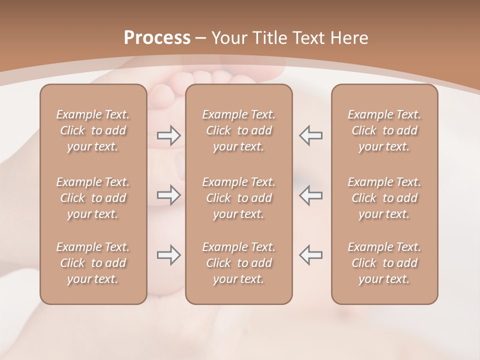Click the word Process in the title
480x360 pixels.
click(157, 38)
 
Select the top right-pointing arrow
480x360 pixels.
click(168, 135)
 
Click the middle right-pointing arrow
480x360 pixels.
click(168, 195)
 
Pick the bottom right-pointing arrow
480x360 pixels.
click(168, 255)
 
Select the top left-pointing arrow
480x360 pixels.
click(311, 135)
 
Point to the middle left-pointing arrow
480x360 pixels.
click(311, 195)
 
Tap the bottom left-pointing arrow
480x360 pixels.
click(311, 255)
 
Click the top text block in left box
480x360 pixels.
click(93, 130)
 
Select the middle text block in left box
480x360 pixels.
click(93, 198)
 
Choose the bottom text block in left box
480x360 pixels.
click(93, 263)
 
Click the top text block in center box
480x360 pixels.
click(239, 130)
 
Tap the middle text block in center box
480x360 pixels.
click(239, 198)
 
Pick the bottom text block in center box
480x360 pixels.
click(239, 263)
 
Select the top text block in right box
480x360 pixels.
click(384, 130)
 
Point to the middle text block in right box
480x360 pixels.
click(384, 198)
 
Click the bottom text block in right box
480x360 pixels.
click(384, 263)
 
